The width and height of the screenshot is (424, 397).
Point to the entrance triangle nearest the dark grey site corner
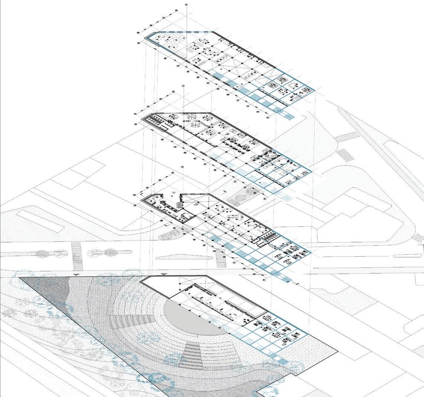76,274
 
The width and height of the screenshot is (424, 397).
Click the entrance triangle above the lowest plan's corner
164,274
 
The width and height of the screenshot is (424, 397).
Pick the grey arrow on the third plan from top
174,193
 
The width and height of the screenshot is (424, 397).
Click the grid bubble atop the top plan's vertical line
186,4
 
